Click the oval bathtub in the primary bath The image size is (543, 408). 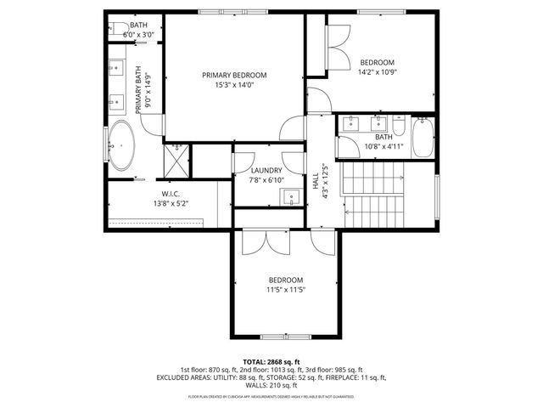pos(121,146)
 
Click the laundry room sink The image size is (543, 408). pos(291,198)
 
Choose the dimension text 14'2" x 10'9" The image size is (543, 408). pos(378,71)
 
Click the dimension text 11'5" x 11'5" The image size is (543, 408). pos(286,289)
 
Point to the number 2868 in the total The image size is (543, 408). pos(282,362)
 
